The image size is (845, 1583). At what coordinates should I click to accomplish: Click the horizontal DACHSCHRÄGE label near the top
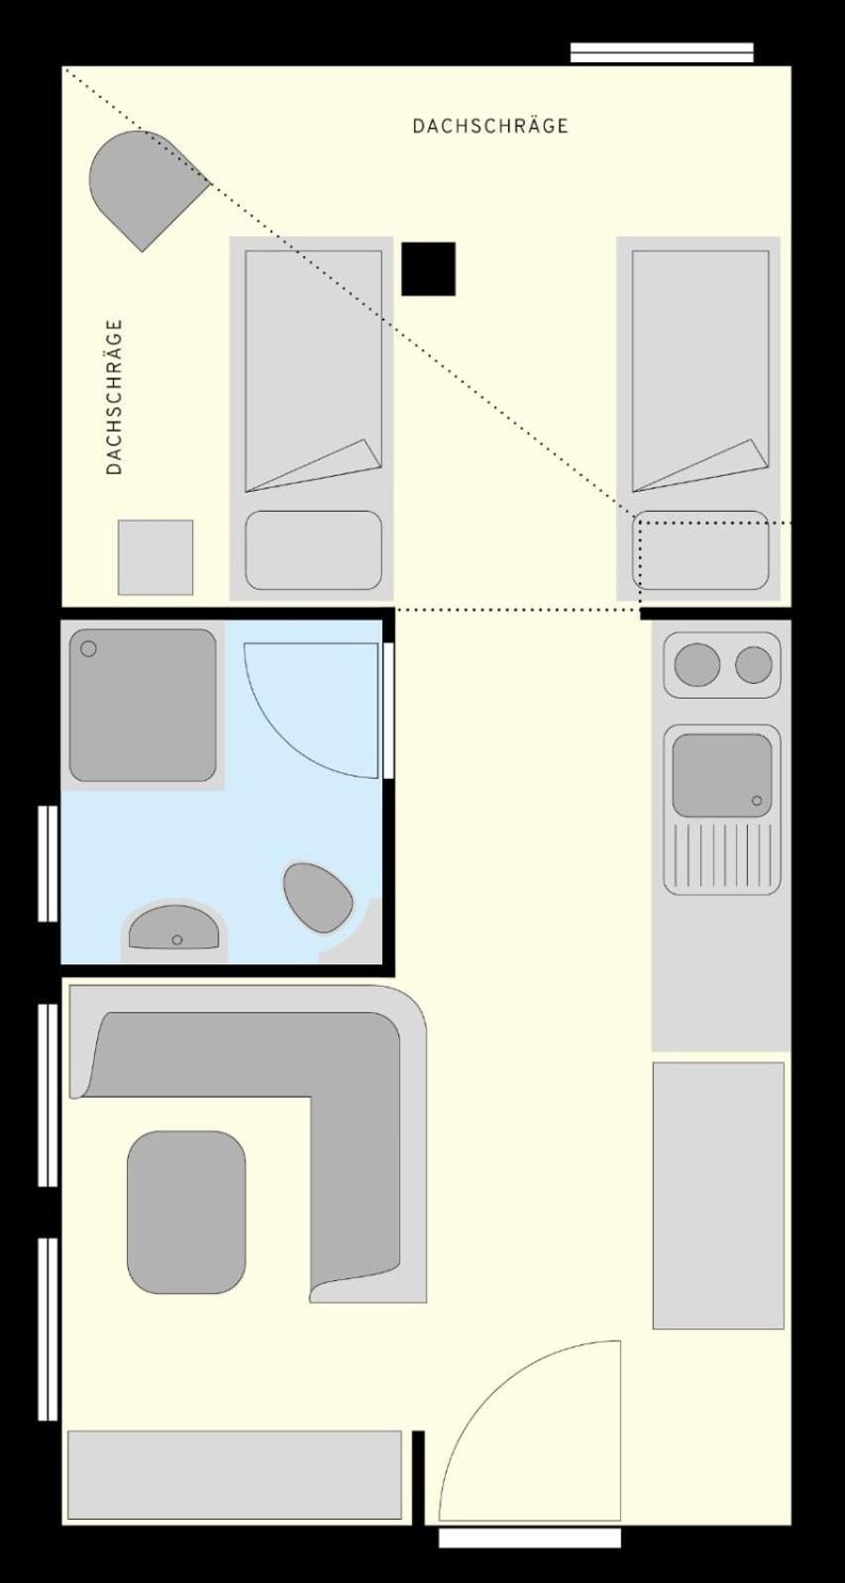[490, 126]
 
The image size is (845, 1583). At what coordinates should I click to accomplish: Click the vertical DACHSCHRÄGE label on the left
[114, 396]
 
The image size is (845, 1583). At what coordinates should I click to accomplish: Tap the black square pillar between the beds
[429, 268]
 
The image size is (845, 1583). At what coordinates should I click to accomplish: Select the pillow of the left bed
[313, 549]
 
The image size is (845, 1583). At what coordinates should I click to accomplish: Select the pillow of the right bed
[700, 549]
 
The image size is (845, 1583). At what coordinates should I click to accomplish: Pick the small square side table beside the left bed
[156, 557]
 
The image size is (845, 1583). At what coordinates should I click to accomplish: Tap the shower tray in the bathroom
[143, 705]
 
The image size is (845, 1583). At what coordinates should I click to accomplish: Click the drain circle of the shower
[88, 648]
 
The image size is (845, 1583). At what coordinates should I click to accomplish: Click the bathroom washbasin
[174, 928]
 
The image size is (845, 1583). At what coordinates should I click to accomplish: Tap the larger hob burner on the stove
[697, 665]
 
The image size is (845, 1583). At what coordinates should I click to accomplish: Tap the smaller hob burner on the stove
[753, 665]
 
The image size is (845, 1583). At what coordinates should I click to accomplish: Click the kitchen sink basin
[722, 775]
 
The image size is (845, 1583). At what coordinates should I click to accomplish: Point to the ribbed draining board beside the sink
[722, 855]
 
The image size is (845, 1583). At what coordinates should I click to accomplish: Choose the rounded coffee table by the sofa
[186, 1213]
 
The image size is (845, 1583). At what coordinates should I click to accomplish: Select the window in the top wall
[662, 52]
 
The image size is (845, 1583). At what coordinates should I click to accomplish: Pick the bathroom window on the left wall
[48, 863]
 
